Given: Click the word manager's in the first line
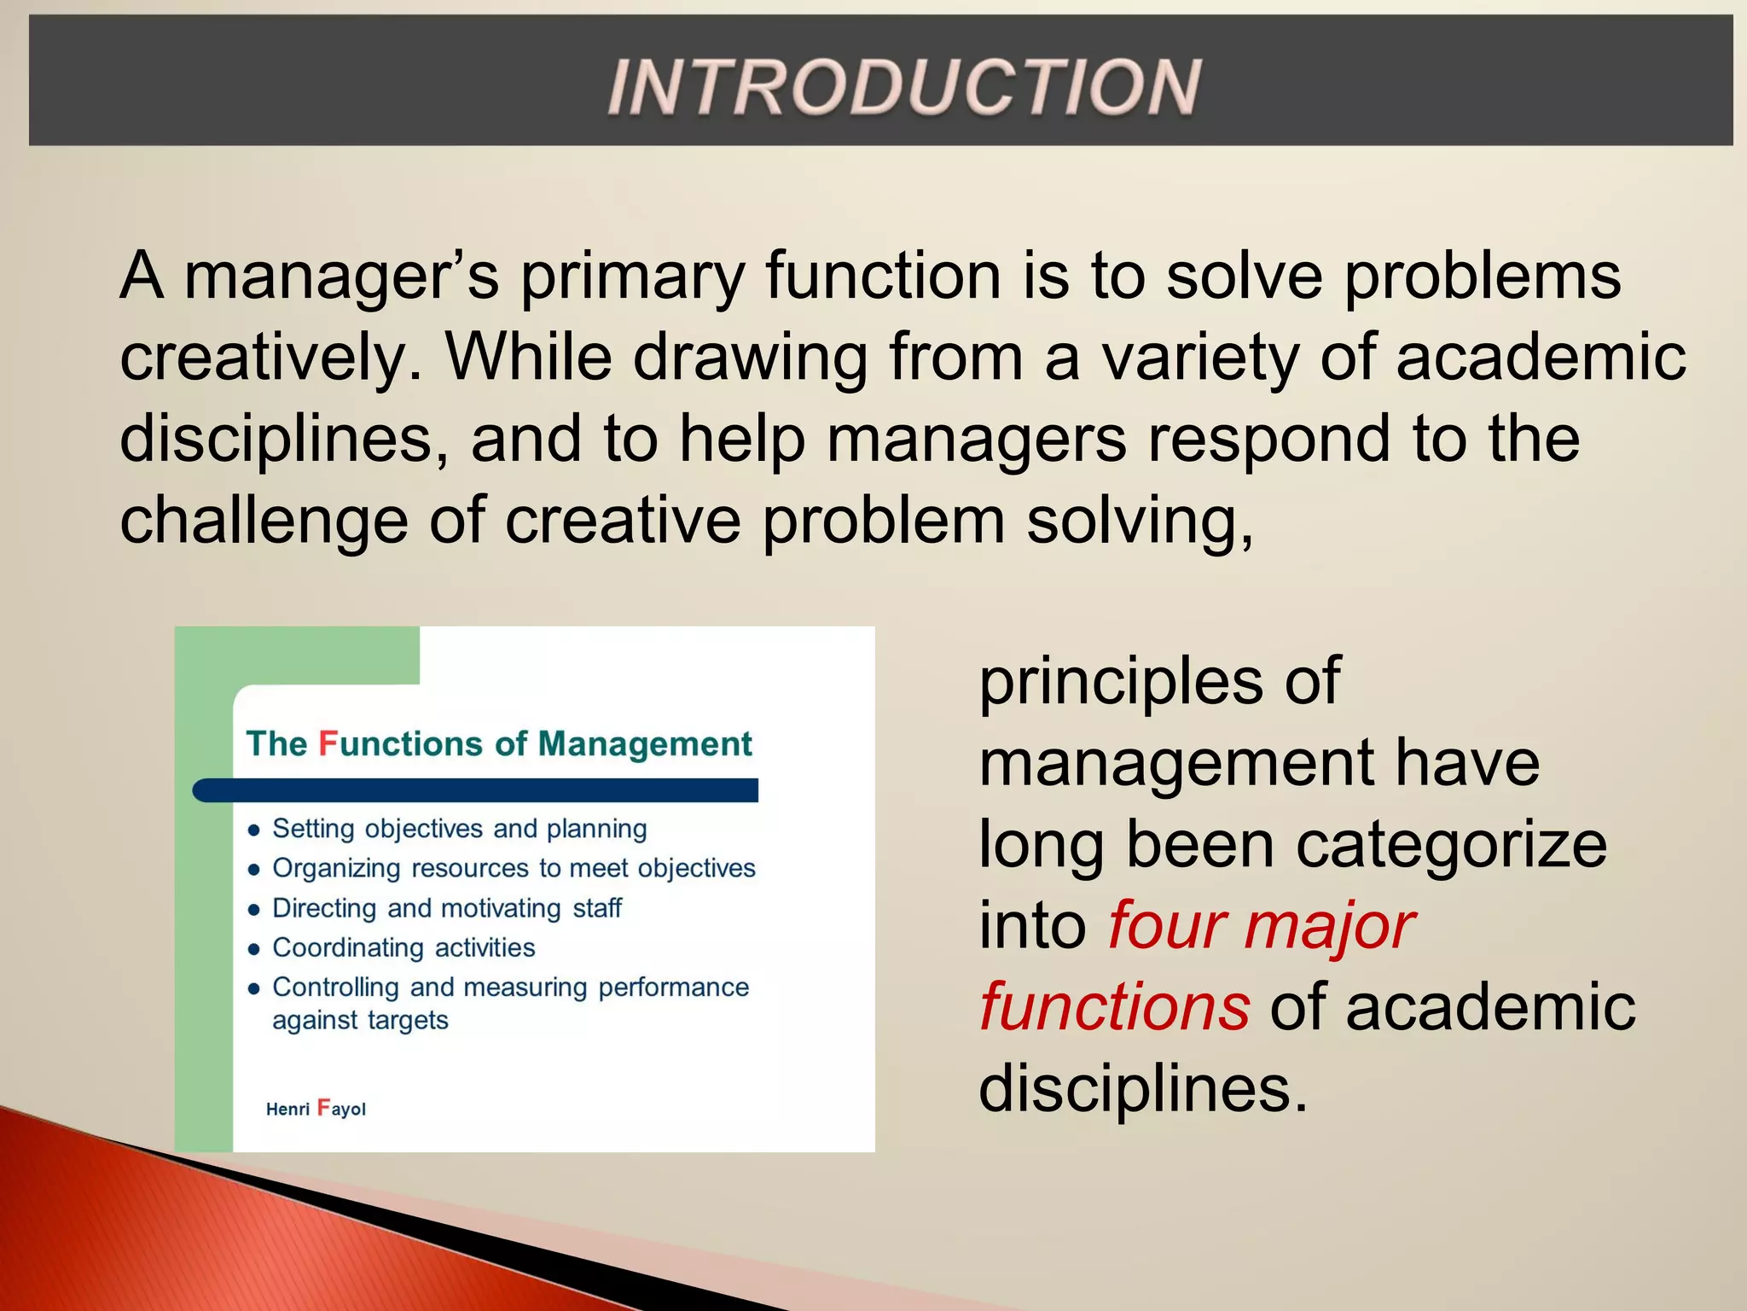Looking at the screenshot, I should click(341, 277).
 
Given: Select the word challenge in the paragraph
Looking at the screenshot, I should click(264, 521).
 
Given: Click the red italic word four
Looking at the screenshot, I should click(1165, 926).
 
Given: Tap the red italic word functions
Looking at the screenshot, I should click(1114, 1008).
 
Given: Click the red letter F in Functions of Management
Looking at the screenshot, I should click(328, 743).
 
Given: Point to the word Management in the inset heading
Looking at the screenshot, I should click(645, 744).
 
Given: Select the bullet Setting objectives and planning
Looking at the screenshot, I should click(459, 829).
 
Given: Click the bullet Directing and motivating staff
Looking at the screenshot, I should click(446, 908).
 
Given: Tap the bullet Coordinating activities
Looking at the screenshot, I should click(403, 947).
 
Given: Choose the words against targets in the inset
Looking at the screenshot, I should click(360, 1020).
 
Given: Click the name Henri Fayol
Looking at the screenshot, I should click(316, 1109).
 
